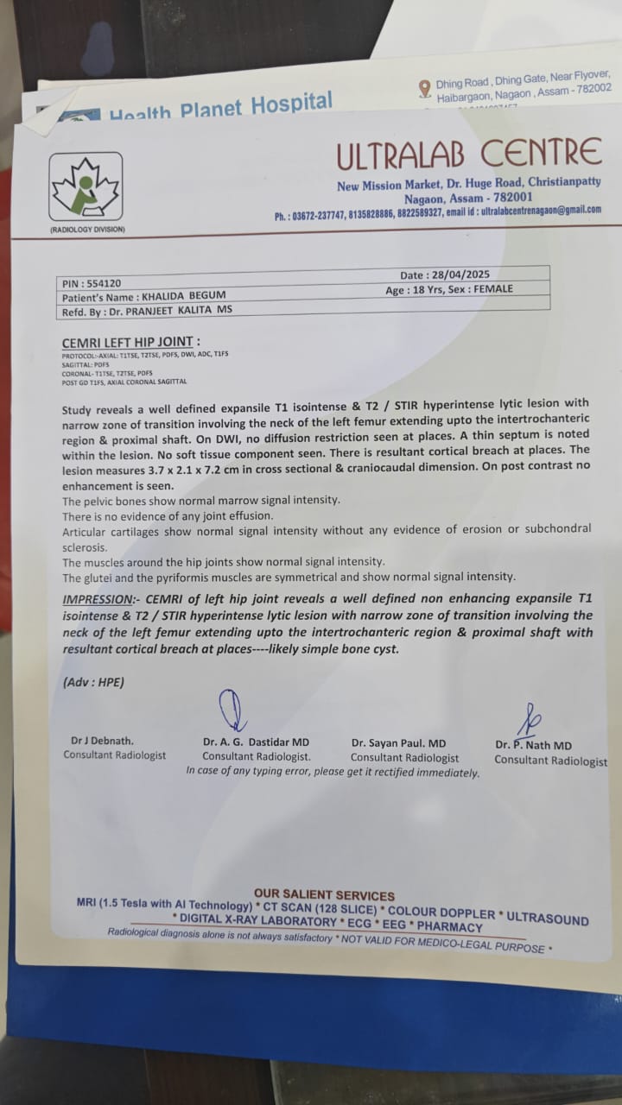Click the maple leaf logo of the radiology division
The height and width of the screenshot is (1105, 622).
(x=85, y=186)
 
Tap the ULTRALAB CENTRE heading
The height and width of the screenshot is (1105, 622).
(x=468, y=155)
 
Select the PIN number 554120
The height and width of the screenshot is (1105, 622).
(x=104, y=283)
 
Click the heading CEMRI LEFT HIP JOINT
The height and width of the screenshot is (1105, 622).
(x=130, y=343)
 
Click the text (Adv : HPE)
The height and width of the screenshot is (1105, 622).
(x=93, y=682)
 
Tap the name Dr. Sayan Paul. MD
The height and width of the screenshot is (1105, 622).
(x=398, y=742)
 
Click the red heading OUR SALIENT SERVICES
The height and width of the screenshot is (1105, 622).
(x=324, y=895)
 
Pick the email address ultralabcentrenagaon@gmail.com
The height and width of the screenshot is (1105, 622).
(x=541, y=210)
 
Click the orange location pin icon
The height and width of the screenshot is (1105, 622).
(x=424, y=88)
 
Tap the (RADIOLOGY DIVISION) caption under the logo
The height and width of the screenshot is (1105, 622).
(x=86, y=230)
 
